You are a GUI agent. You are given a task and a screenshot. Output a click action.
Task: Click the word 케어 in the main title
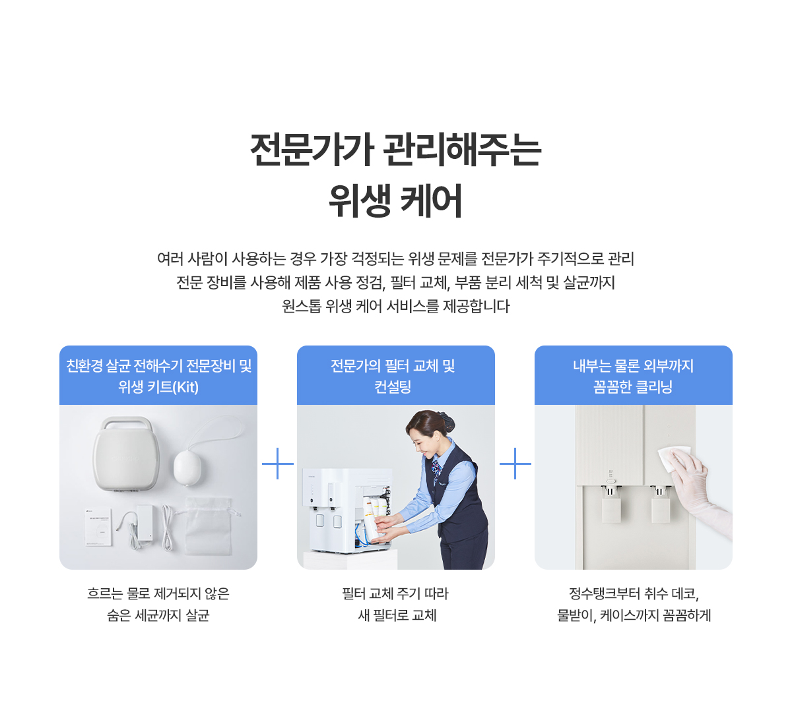coord(431,200)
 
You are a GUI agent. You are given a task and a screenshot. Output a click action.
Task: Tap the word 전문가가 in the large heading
coord(312,150)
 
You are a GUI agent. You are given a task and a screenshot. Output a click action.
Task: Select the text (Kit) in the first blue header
coord(185,387)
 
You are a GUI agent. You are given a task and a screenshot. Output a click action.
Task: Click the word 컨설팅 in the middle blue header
coord(393,386)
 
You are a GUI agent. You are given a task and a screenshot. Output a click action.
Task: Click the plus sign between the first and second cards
coord(278,463)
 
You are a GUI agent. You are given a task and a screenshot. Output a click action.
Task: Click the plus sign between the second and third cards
coord(515,463)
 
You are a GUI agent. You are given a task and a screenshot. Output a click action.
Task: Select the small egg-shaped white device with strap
coord(187,468)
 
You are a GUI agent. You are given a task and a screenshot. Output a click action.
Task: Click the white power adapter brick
coord(145,522)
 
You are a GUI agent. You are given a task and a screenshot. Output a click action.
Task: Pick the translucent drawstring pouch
coord(208,526)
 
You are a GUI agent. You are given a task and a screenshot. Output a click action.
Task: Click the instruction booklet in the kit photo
coord(99,528)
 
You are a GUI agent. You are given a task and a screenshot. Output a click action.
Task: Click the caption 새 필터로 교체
coord(397,615)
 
